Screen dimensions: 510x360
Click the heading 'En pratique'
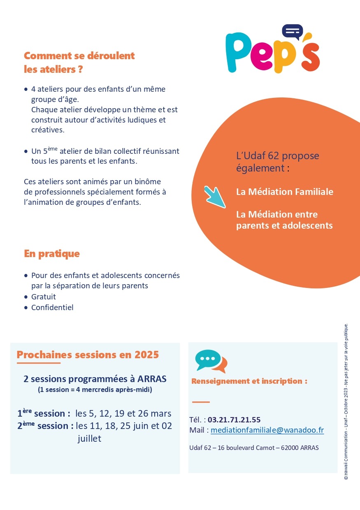pyautogui.click(x=52, y=254)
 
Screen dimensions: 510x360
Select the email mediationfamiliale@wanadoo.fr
pyautogui.click(x=267, y=430)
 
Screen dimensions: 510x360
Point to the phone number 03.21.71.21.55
pyautogui.click(x=234, y=420)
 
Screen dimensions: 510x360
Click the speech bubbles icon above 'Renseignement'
pyautogui.click(x=211, y=361)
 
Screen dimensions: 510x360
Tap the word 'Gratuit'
pyautogui.click(x=44, y=297)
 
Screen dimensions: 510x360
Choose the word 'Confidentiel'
pyautogui.click(x=52, y=308)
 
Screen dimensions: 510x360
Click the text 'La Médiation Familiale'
pyautogui.click(x=285, y=192)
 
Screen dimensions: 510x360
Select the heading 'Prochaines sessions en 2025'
pyautogui.click(x=88, y=355)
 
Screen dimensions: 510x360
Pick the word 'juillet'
pyautogui.click(x=89, y=439)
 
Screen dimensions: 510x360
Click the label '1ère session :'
pyautogui.click(x=44, y=414)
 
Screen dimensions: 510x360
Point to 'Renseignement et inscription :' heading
pyautogui.click(x=249, y=381)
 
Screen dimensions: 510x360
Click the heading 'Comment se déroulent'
pyautogui.click(x=79, y=56)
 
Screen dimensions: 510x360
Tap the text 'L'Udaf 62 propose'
pyautogui.click(x=278, y=156)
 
